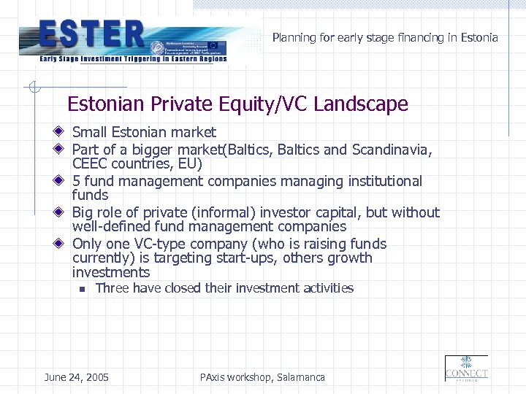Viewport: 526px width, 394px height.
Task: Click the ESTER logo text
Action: pos(92,34)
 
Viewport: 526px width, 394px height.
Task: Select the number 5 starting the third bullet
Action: pos(76,181)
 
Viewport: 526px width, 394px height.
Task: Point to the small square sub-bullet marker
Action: pos(83,289)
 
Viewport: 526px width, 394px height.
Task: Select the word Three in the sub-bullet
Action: pos(112,288)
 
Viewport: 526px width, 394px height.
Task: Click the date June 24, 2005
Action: pos(77,377)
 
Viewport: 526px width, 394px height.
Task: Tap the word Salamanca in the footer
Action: pos(301,377)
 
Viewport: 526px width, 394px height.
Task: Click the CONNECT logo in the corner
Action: pos(466,368)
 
